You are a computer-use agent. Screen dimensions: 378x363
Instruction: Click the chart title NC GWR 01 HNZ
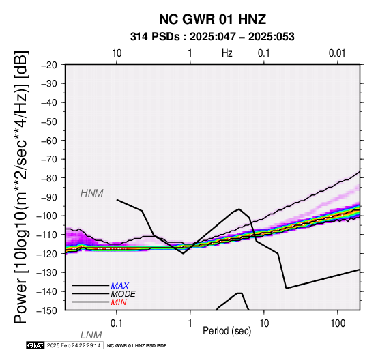[212, 19]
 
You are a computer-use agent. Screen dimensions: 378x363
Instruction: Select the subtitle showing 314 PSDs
[212, 37]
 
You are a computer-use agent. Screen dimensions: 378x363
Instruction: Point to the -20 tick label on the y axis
[49, 65]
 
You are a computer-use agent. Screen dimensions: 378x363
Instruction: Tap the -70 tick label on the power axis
[49, 159]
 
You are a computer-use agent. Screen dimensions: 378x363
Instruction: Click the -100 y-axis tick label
[47, 216]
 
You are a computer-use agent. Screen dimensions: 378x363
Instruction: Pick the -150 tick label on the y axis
[47, 310]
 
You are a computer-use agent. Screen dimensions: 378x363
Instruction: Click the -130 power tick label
[47, 273]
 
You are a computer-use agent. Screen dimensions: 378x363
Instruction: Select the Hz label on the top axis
[227, 53]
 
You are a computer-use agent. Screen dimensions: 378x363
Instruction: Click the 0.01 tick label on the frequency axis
[337, 53]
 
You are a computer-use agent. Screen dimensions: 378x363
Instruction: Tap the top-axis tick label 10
[117, 53]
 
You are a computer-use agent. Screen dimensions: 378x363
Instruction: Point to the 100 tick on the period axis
[338, 323]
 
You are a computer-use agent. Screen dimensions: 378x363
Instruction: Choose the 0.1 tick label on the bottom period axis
[117, 323]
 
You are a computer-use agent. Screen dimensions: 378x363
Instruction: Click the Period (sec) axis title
[227, 331]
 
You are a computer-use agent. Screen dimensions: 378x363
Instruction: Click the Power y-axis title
[21, 187]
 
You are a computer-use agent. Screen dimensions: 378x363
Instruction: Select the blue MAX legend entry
[120, 286]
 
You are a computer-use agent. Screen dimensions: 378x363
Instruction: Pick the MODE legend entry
[123, 294]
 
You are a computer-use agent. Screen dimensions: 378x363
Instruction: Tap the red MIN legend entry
[119, 302]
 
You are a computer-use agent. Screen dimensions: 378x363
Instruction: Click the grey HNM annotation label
[92, 193]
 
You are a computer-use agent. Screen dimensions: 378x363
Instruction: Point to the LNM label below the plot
[91, 335]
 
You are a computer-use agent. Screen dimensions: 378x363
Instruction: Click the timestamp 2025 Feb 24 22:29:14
[74, 346]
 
